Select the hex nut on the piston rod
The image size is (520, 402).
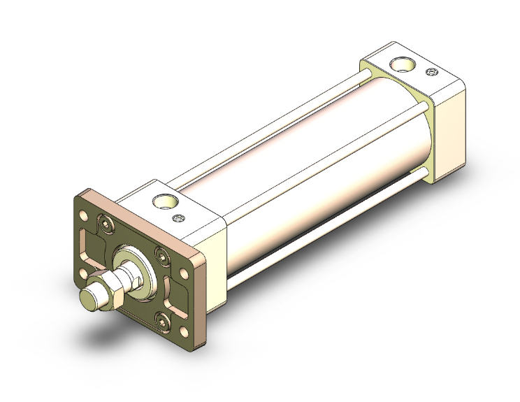click(x=110, y=288)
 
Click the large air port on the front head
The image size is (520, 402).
click(x=165, y=202)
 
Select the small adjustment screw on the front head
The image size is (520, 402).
click(x=183, y=218)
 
